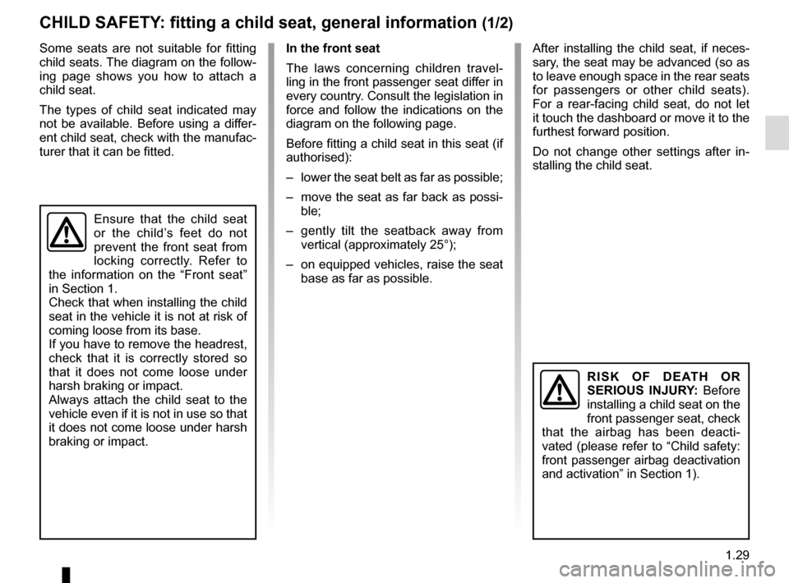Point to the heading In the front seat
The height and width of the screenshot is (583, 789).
(x=333, y=48)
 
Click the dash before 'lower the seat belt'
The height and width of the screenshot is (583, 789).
(x=289, y=177)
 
